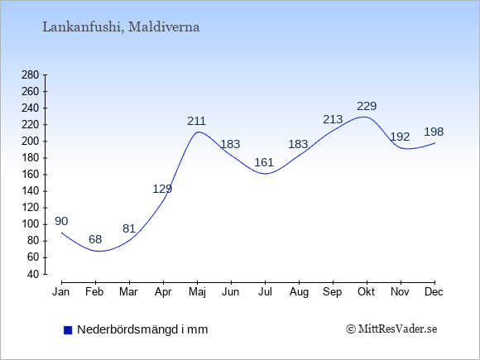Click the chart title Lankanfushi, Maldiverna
(121, 27)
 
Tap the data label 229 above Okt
(367, 106)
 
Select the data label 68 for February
(95, 239)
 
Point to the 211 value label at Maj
(196, 121)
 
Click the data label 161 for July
(264, 162)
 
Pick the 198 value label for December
(434, 132)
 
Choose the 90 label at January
(61, 221)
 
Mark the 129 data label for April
(162, 189)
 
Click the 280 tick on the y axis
(31, 75)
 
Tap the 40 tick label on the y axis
(33, 274)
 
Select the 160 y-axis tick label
(31, 175)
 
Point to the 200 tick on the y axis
(31, 142)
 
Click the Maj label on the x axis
(197, 292)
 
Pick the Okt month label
(366, 292)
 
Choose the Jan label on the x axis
(61, 292)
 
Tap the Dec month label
(434, 292)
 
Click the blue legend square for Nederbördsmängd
(68, 330)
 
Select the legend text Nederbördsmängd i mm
(142, 329)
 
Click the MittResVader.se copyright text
(391, 329)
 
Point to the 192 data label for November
(400, 137)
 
